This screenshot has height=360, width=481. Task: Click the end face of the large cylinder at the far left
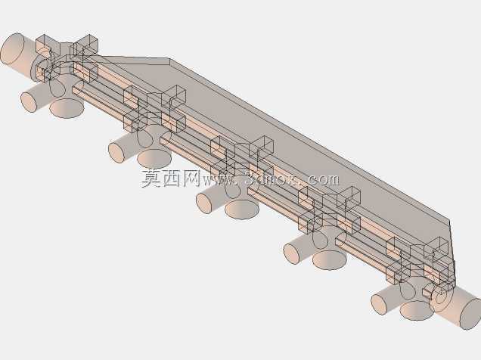click(x=12, y=49)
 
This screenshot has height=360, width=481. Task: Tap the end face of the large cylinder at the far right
click(x=471, y=314)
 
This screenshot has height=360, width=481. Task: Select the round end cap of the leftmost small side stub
click(x=29, y=102)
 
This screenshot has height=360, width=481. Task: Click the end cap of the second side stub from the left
click(x=116, y=153)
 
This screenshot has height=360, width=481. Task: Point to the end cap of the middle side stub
click(x=204, y=203)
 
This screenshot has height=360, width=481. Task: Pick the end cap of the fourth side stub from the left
click(x=292, y=253)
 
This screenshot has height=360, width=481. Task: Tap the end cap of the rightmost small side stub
click(x=379, y=304)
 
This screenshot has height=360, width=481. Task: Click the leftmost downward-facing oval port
click(x=67, y=109)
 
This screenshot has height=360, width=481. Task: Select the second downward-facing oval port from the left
click(x=154, y=159)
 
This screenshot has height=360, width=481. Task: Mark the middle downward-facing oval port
click(x=242, y=209)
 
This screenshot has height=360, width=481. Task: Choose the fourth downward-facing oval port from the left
click(x=330, y=260)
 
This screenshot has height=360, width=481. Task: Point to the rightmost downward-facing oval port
click(x=417, y=310)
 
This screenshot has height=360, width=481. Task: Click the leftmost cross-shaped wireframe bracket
click(x=67, y=58)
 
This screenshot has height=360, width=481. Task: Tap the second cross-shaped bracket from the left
click(x=154, y=109)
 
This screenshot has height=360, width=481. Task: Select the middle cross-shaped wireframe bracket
click(x=242, y=160)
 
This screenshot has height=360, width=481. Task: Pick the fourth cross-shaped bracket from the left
click(x=330, y=210)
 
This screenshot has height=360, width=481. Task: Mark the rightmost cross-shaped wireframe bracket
click(x=417, y=261)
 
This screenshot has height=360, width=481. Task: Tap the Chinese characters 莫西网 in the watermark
click(x=171, y=178)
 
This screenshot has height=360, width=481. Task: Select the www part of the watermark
click(x=218, y=180)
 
